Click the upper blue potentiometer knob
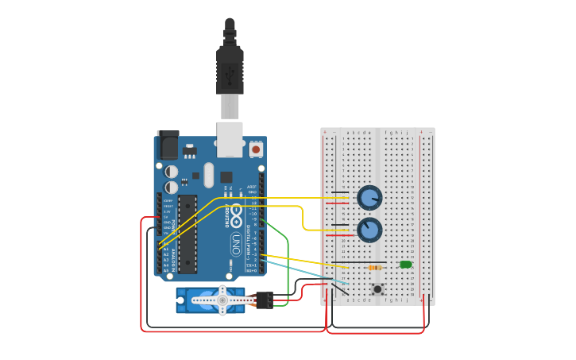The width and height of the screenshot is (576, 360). (369, 196)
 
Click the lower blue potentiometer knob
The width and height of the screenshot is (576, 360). (369, 230)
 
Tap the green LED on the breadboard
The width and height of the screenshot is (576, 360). (406, 264)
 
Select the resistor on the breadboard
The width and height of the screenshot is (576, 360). (374, 268)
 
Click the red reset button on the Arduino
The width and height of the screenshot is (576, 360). (256, 149)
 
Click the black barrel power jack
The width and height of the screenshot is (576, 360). (168, 145)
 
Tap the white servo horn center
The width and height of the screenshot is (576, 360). (222, 300)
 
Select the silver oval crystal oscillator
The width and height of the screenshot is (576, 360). (209, 175)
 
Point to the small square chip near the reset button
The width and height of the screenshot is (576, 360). (226, 176)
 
